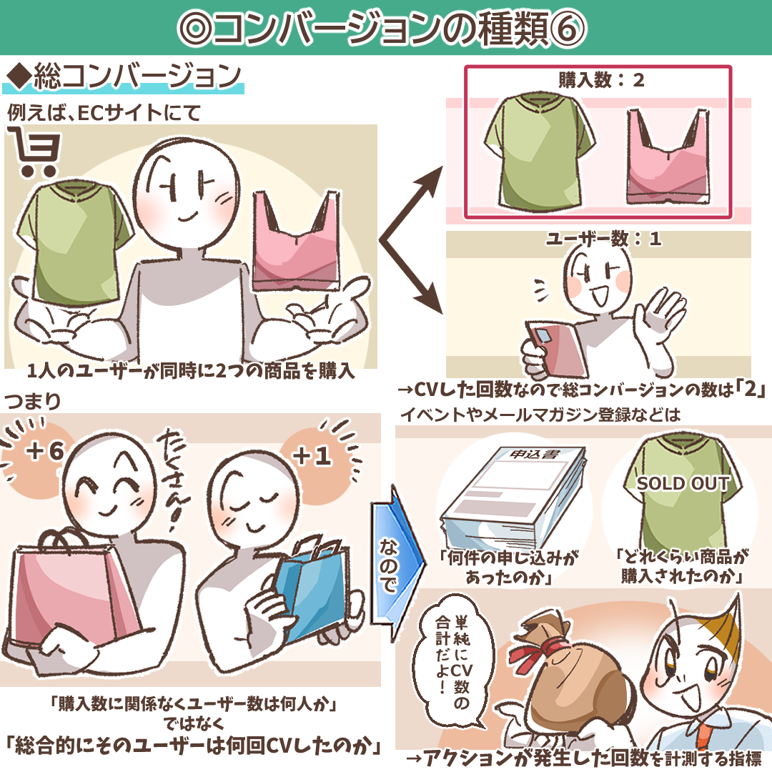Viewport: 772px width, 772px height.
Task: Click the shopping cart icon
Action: (x=34, y=151)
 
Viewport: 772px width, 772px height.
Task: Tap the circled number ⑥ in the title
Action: (x=567, y=28)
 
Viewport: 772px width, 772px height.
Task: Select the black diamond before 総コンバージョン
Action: (x=19, y=77)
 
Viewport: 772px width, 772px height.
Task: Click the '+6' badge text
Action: (x=46, y=450)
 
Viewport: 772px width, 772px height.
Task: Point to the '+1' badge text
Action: (x=312, y=456)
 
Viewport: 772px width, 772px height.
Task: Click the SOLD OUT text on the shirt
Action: (x=683, y=483)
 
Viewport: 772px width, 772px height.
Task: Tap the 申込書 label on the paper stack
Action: (x=534, y=454)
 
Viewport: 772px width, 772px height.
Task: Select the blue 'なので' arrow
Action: (x=397, y=564)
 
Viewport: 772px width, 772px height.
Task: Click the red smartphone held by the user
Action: (x=556, y=349)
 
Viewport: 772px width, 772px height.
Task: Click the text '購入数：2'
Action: (x=600, y=80)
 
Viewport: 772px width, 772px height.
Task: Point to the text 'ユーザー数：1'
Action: (x=603, y=239)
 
